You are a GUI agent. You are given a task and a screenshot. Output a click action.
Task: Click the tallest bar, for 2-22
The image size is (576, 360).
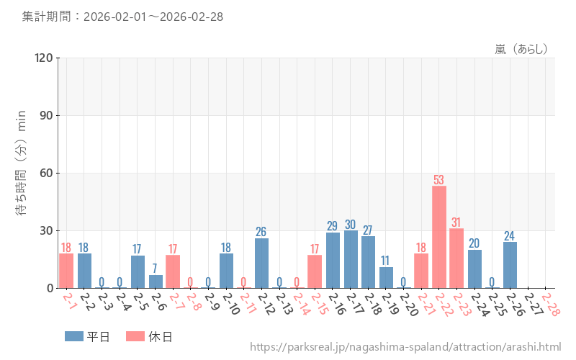tap(439, 237)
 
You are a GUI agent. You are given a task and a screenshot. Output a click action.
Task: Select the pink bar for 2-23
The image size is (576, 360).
tap(456, 258)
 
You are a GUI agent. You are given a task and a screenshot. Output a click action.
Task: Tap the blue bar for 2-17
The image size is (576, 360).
tap(351, 259)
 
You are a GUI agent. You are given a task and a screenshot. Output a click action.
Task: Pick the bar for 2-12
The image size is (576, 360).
tap(262, 263)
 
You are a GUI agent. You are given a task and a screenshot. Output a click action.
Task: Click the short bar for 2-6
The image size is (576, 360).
tap(156, 282)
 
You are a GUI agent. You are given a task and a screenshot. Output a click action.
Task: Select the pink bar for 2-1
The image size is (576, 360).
tap(66, 271)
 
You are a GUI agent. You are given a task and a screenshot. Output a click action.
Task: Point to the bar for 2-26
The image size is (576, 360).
tap(510, 265)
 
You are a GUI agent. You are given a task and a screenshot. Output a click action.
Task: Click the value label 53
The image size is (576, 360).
tap(439, 179)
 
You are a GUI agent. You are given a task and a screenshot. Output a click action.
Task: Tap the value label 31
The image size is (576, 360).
tap(456, 222)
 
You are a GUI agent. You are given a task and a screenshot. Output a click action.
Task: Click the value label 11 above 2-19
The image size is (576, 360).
tap(386, 261)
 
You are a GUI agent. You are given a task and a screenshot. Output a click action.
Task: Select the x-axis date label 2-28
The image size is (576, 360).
tap(550, 304)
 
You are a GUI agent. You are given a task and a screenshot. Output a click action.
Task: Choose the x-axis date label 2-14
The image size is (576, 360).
tap(302, 304)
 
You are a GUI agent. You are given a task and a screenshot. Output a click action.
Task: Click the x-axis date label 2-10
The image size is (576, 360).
tap(230, 304)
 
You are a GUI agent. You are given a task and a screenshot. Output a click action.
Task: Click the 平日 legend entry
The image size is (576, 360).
tap(86, 336)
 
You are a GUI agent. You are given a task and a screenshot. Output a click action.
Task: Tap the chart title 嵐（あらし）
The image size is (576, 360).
tap(521, 49)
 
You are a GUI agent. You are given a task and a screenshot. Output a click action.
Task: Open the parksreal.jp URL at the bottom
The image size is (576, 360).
tap(405, 347)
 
